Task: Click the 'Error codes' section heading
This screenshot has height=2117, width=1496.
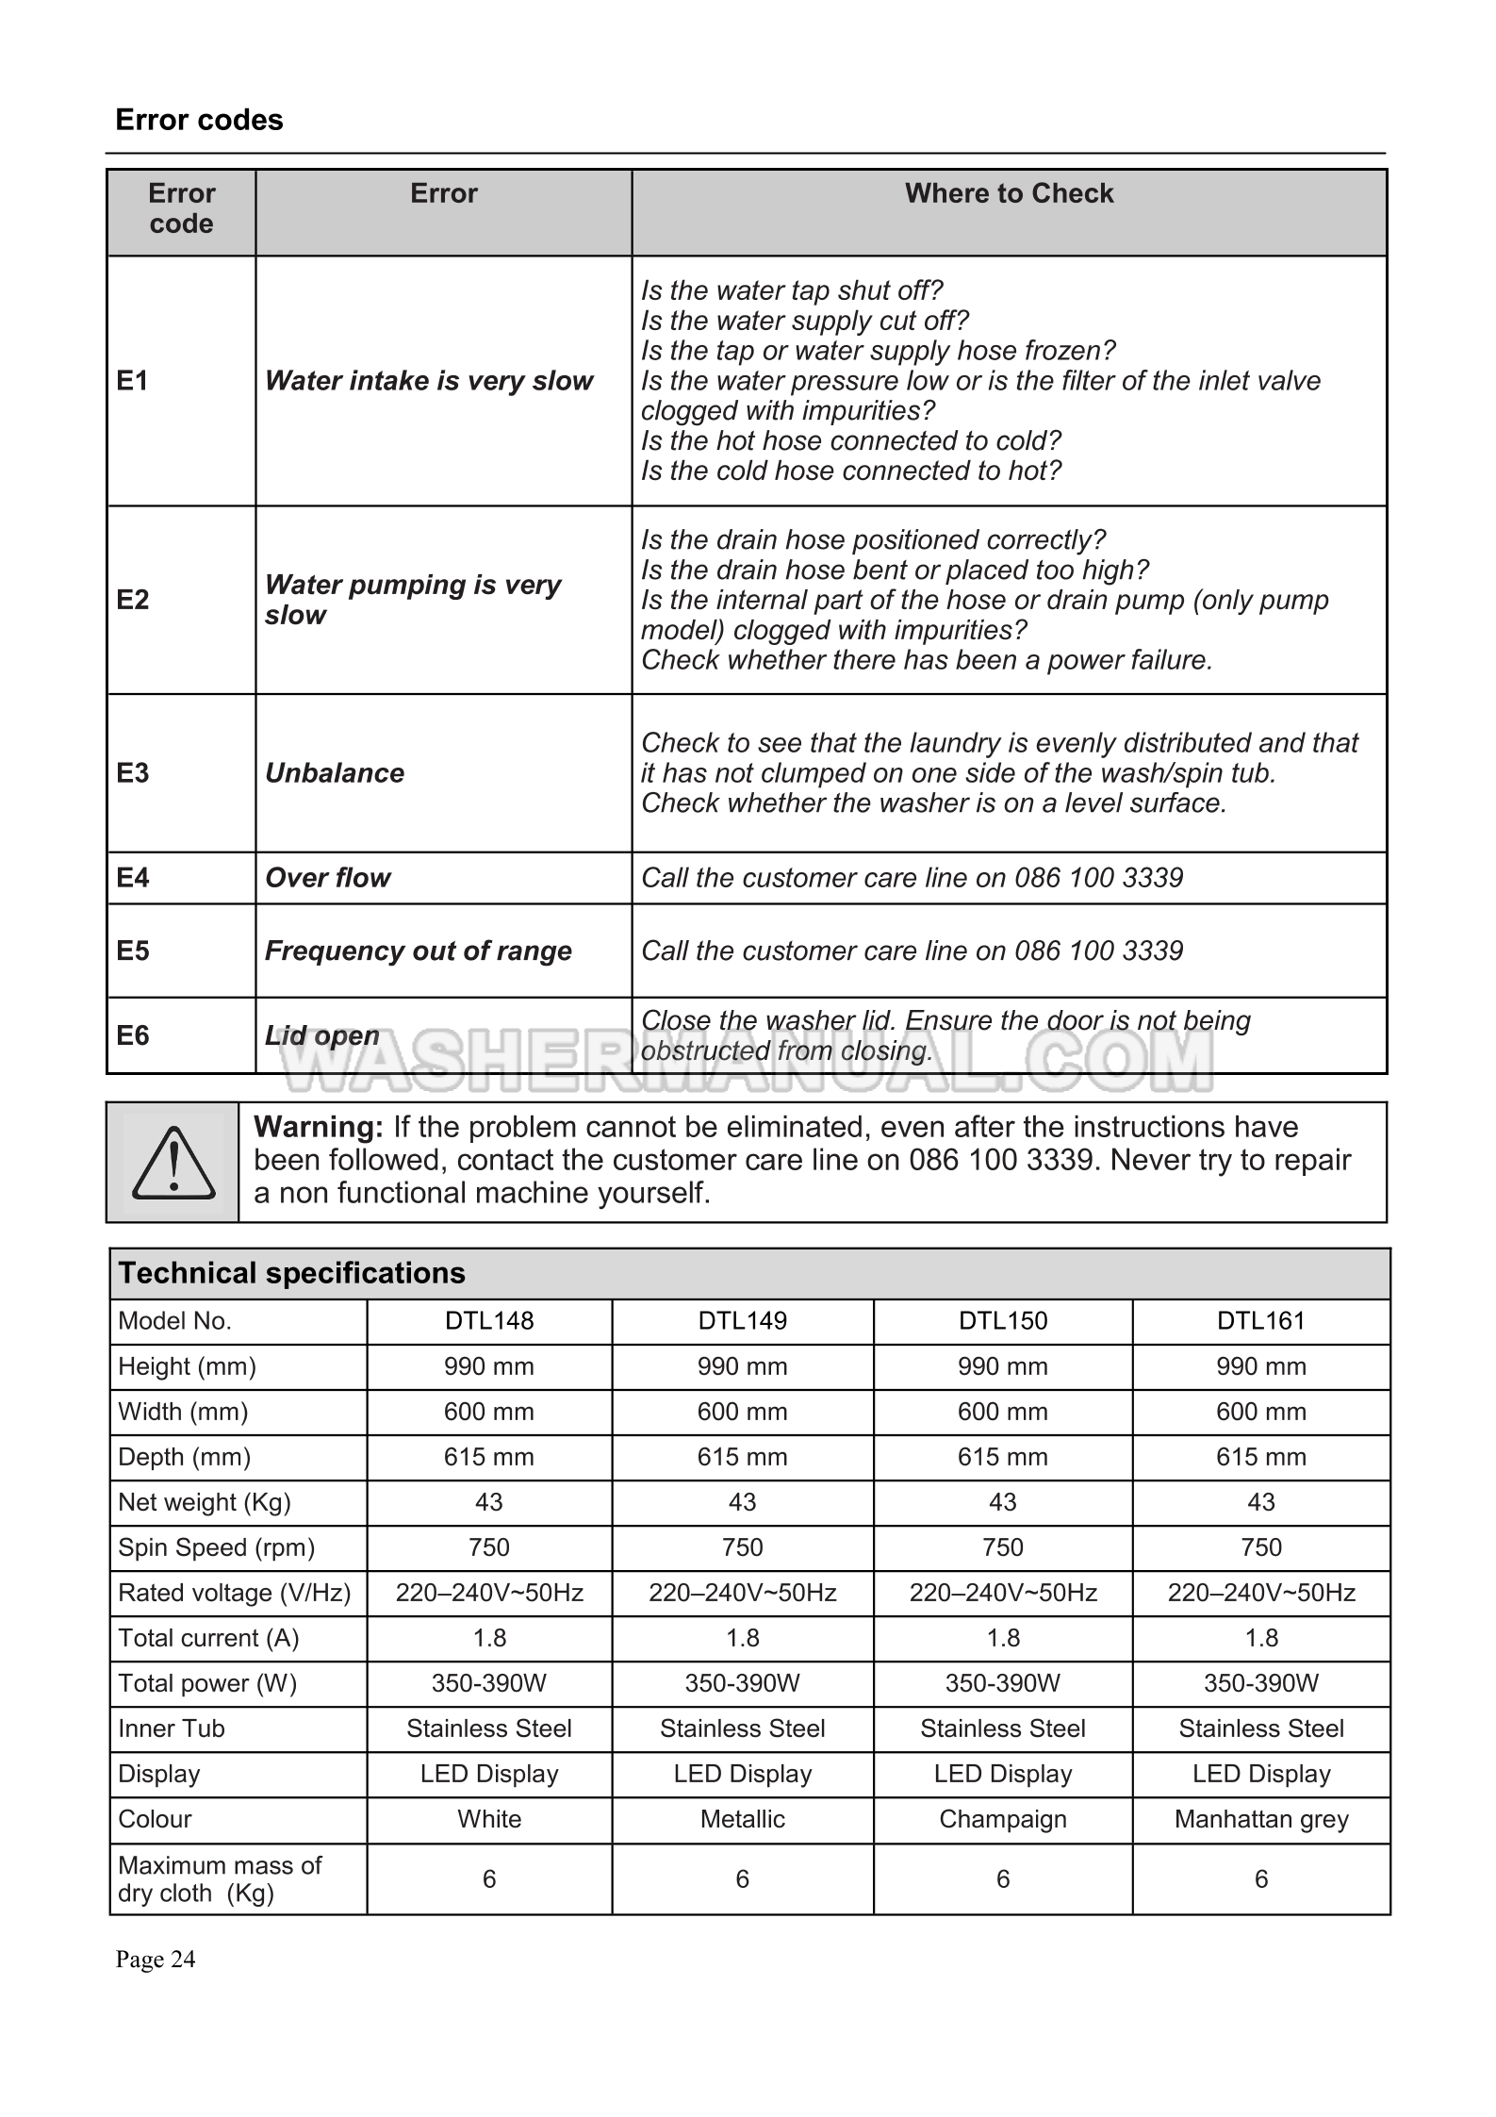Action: (x=199, y=121)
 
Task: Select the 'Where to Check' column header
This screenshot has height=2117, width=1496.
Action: (x=1009, y=193)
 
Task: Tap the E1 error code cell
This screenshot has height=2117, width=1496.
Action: (x=133, y=381)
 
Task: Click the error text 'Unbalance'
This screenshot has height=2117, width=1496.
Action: (x=335, y=773)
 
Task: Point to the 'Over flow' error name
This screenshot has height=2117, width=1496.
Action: (x=327, y=878)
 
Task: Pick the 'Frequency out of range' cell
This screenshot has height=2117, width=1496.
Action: (x=418, y=951)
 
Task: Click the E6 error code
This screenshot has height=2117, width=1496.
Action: (x=133, y=1035)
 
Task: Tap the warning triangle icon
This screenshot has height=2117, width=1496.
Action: (x=173, y=1163)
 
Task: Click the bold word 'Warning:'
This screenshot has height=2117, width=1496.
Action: (x=318, y=1127)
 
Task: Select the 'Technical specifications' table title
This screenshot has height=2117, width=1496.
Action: (x=292, y=1273)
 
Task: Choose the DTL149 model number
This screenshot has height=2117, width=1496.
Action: (x=742, y=1320)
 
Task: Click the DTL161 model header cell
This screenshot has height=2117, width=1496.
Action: (x=1260, y=1320)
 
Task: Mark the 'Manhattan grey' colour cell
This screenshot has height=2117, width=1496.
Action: (x=1260, y=1819)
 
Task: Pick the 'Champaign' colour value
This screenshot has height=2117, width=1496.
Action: (x=1002, y=1819)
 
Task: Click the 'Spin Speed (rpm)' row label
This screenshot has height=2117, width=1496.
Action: (x=216, y=1547)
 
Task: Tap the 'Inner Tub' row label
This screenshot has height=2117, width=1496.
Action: (x=172, y=1728)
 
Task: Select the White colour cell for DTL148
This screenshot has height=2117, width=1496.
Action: (x=489, y=1819)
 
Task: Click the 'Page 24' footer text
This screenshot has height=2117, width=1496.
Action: (x=156, y=1960)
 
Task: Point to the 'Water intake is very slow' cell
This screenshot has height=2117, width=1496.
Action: (x=429, y=381)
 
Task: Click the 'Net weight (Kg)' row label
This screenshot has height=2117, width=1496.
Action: (x=205, y=1502)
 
